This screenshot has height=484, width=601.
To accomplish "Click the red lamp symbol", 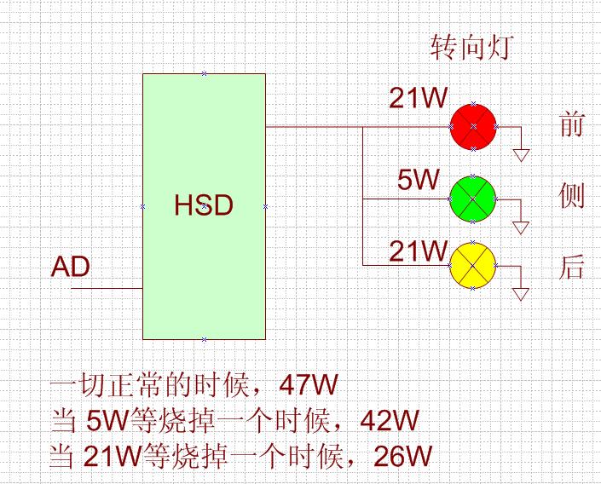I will (x=473, y=126).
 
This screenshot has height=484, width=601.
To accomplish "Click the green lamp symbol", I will (x=472, y=198).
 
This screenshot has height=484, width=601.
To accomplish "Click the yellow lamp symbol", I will (x=472, y=266).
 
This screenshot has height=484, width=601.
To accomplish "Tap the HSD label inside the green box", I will (x=204, y=205).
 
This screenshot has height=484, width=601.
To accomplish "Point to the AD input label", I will (x=71, y=267).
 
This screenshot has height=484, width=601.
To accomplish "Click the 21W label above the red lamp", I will (x=418, y=98).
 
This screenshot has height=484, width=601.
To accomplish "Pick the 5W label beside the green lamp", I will (x=418, y=180).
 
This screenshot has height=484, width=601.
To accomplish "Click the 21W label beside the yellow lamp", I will (x=418, y=251).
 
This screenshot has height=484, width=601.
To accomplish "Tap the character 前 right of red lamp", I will (x=571, y=125).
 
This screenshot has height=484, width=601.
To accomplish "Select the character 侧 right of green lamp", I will (x=571, y=196).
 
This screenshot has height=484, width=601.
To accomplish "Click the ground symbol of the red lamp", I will (x=521, y=154).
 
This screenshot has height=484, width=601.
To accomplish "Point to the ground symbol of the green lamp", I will (x=521, y=227).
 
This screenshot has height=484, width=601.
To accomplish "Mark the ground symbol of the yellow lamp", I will (x=521, y=294).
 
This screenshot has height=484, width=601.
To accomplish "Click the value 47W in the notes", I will (x=309, y=385).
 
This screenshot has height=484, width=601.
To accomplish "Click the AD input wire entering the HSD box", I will (x=107, y=288).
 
